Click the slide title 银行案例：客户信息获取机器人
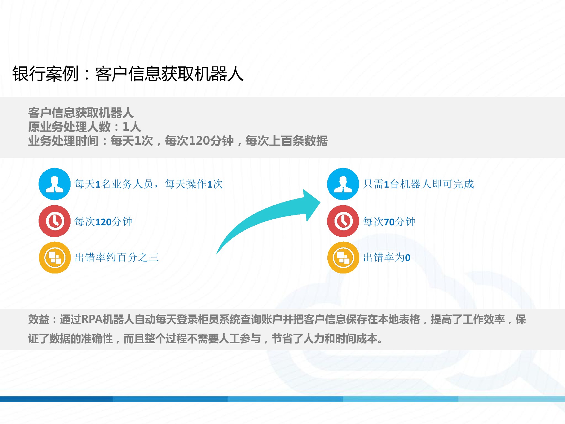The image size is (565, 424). pos(128,74)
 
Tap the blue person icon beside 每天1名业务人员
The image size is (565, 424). pos(54,184)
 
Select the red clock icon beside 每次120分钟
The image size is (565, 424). pos(54,221)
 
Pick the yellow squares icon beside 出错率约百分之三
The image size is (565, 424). pos(54,258)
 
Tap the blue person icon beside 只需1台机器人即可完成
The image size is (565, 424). pos(343,184)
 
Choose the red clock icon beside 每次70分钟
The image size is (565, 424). pos(343,221)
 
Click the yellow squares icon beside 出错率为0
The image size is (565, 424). pos(343,258)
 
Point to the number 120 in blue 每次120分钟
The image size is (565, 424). pos(103,222)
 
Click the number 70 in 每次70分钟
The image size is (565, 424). pos(389,222)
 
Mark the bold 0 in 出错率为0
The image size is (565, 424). pos(407,258)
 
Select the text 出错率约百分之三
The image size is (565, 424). pos(117,257)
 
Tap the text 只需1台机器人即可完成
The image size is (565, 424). pos(419,184)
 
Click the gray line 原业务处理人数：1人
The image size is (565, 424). pos(84,127)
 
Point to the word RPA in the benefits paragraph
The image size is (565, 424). pos(91,320)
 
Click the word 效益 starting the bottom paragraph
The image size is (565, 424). pos(39,320)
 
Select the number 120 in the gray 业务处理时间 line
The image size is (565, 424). pos(199,141)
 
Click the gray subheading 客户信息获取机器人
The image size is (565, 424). pos(81,113)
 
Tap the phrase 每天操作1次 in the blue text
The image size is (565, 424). pos(194,184)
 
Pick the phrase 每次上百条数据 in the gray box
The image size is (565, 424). pos(286,141)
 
